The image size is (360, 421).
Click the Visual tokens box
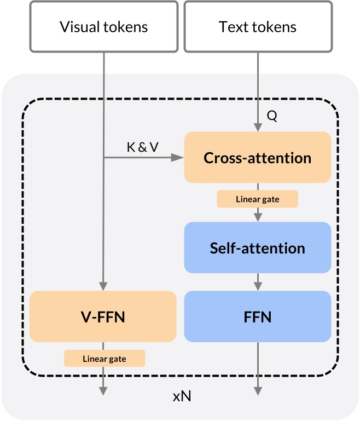(103, 26)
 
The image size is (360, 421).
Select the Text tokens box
(258, 26)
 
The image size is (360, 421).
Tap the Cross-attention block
(258, 158)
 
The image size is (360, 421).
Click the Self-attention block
(258, 247)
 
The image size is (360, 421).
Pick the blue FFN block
(258, 316)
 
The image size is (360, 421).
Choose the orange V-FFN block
(103, 316)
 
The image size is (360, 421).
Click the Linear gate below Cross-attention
(258, 199)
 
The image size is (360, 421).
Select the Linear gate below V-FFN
(104, 359)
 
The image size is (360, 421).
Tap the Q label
(272, 117)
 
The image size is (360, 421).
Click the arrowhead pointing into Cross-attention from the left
(178, 158)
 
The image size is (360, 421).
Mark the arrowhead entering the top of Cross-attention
(258, 127)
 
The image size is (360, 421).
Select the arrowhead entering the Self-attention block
(258, 217)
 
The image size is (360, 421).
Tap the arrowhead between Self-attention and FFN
(258, 286)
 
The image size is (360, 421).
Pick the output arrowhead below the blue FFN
(258, 390)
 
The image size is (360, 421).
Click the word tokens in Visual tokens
(126, 27)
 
